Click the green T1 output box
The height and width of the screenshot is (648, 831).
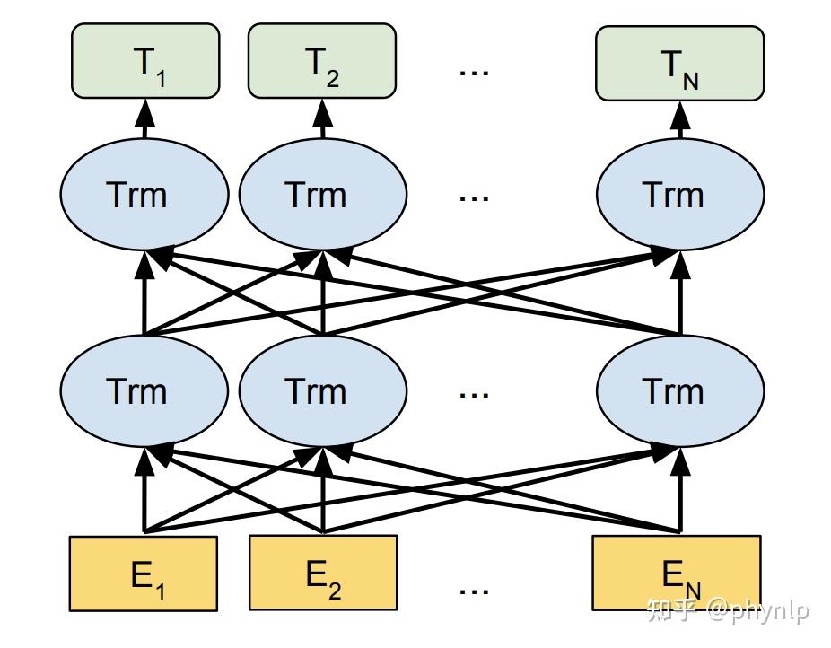pos(144,60)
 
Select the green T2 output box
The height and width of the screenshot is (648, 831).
pos(321,60)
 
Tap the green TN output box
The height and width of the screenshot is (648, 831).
pos(679,62)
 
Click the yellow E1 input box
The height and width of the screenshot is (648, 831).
pos(144,574)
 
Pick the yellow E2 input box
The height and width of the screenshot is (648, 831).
pos(322,574)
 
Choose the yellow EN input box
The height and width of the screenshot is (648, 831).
pos(676,574)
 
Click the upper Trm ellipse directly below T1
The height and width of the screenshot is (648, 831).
pos(144,195)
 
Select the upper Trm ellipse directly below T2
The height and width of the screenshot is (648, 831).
pos(322,195)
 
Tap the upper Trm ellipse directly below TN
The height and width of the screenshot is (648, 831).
pos(680,195)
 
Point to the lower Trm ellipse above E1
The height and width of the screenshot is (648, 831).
pos(144,391)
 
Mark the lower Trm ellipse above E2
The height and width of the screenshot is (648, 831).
pos(322,391)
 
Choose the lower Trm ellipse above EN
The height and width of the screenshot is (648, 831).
pos(680,391)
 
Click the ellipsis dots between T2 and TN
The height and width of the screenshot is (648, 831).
pos(474,71)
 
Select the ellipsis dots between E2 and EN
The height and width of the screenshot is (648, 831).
pos(474,590)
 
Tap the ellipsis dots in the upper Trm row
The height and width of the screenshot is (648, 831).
pos(474,197)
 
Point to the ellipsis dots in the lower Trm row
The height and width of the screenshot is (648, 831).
pos(474,393)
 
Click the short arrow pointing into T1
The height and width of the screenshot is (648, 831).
pos(144,117)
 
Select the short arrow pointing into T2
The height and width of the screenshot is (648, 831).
pos(322,117)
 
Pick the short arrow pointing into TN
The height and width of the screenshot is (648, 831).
pos(680,117)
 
